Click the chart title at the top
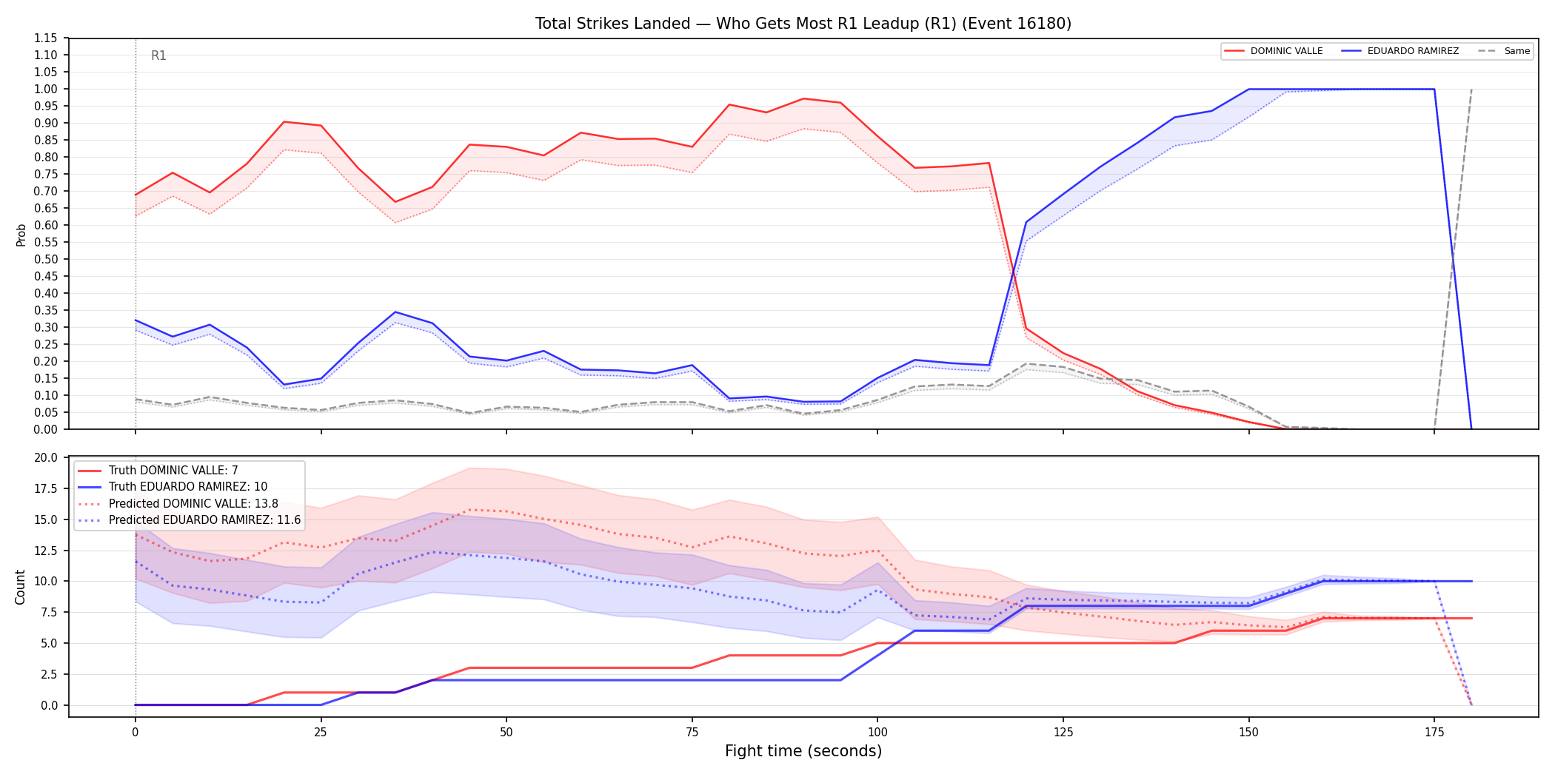coord(803,24)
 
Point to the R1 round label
coord(158,55)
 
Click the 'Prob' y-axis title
coord(21,235)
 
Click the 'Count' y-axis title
coord(20,587)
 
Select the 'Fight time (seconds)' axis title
coord(803,751)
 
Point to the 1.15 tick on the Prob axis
coord(46,38)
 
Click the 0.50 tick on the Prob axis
coord(46,260)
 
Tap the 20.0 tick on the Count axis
coord(47,458)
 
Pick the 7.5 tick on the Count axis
coord(50,613)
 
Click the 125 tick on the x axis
coord(1063,733)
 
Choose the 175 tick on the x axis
coord(1434,733)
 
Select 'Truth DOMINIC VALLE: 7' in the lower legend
coord(173,471)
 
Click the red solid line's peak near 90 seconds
coord(803,98)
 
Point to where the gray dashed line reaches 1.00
coord(1471,89)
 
